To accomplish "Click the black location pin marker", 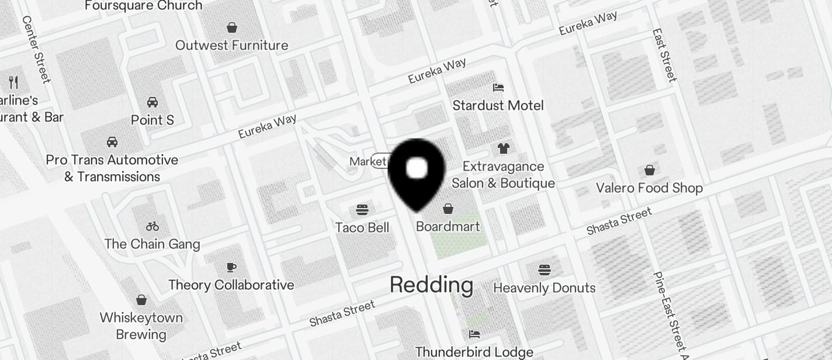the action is [417, 172].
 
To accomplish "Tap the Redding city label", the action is [431, 285].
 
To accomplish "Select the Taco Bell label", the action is [362, 227].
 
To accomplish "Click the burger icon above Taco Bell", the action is [362, 210].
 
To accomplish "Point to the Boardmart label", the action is [448, 226].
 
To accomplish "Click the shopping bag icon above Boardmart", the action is [448, 209].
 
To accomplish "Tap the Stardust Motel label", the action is [498, 105].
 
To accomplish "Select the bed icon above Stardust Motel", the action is [498, 88].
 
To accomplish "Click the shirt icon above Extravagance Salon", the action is [504, 148].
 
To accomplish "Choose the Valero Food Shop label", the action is [649, 188].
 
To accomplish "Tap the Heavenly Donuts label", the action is [545, 288].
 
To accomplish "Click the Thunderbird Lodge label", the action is [474, 352].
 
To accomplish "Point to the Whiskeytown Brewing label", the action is [141, 326].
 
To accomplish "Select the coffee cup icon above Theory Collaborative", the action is [231, 267].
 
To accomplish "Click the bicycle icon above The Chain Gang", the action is [152, 226].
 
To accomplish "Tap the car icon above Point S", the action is [152, 102].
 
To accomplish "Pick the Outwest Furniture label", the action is [232, 45].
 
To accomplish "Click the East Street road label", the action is [664, 55].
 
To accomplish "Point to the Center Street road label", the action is [36, 49].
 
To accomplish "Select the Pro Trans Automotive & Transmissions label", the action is [112, 168].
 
